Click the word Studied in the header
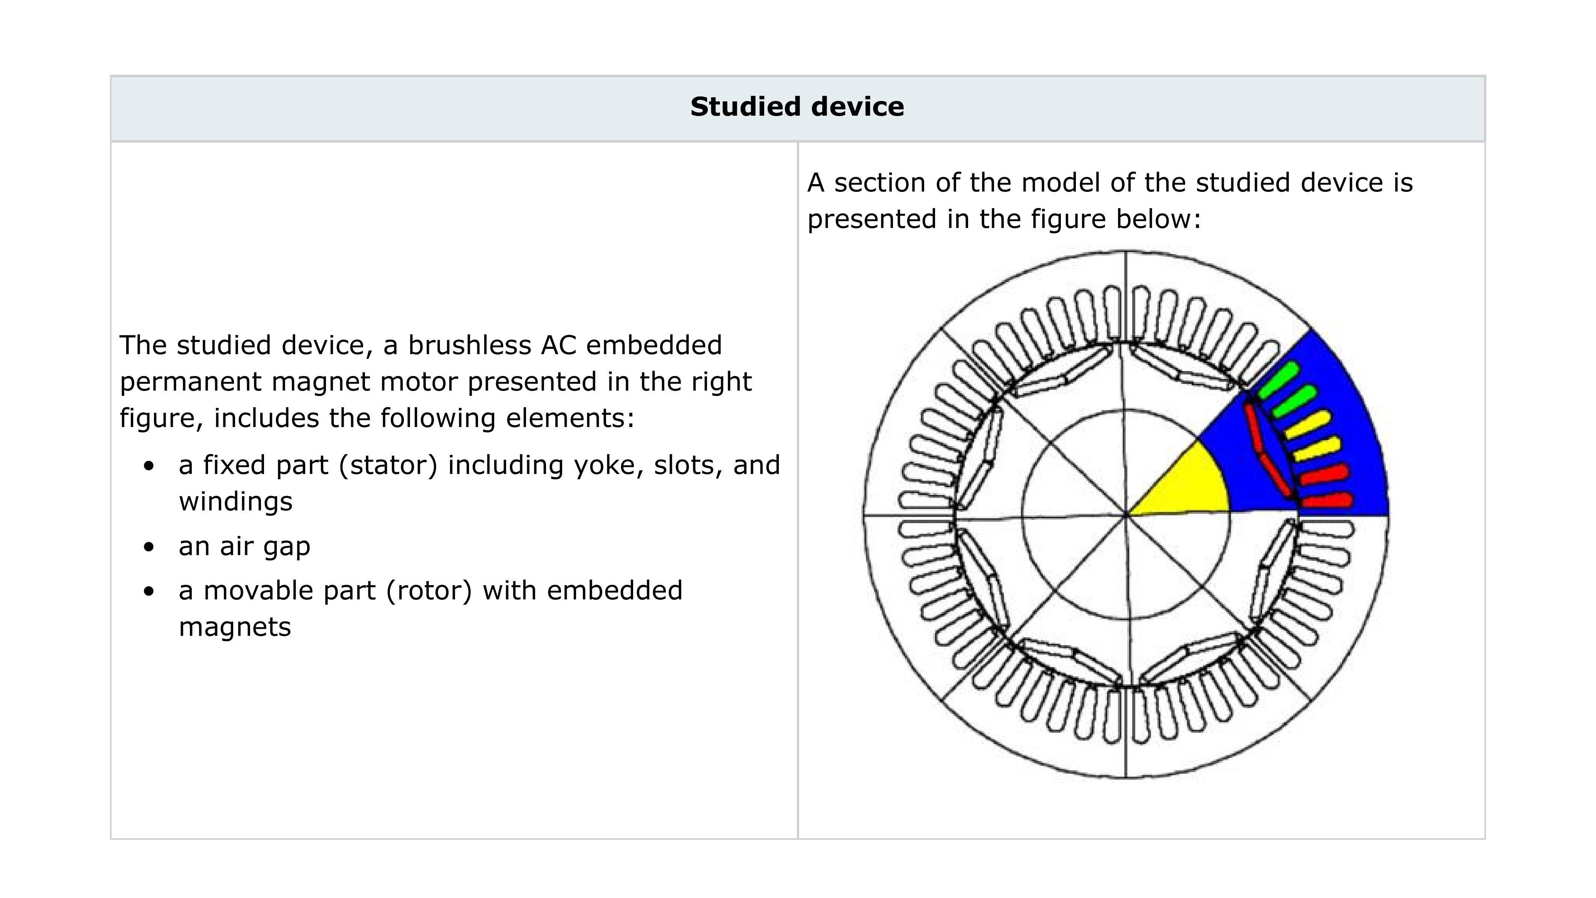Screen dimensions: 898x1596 [746, 107]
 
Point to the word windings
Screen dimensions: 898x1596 [235, 501]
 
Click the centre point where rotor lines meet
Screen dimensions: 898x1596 [1126, 515]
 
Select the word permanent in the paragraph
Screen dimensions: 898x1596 [190, 382]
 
